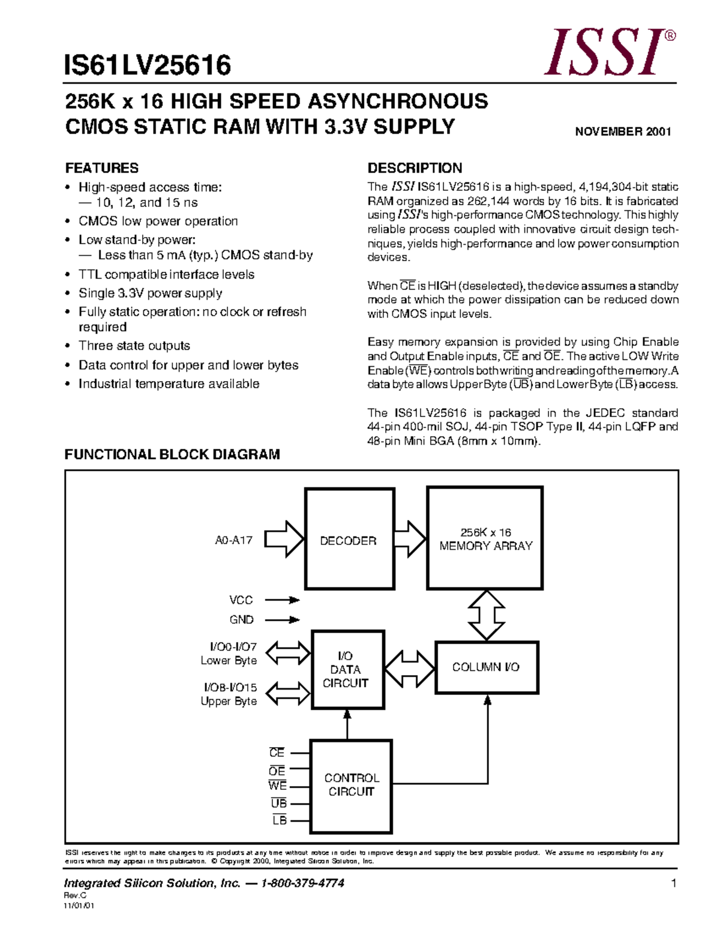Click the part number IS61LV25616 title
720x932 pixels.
tap(148, 65)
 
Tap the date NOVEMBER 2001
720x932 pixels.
tap(623, 131)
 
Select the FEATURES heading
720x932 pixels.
tap(101, 168)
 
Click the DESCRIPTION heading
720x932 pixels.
tap(415, 168)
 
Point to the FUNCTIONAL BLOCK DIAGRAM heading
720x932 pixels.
tap(172, 454)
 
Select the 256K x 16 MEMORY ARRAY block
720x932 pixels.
tap(485, 538)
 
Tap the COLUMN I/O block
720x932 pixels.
tap(487, 667)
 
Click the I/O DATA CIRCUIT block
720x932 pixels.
tap(347, 669)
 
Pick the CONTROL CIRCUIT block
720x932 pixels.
tap(351, 786)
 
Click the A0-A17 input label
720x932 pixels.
tap(233, 540)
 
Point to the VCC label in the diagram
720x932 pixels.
tap(241, 600)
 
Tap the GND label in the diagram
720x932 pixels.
tap(241, 619)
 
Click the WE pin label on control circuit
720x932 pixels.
tap(277, 786)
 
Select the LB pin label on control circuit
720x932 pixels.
tap(279, 820)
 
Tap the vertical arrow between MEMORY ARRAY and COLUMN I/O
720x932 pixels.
tap(487, 615)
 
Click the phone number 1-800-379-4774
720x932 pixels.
tap(302, 883)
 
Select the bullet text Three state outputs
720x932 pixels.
tap(134, 346)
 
